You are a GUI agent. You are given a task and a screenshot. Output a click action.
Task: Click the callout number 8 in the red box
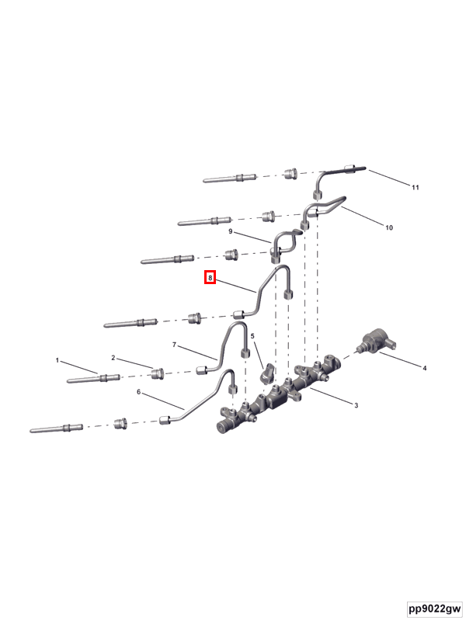pos(210,278)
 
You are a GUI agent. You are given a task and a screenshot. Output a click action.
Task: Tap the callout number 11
pos(416,187)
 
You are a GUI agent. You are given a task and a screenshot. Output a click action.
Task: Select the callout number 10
pos(389,227)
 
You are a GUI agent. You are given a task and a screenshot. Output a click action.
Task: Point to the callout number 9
pos(231,231)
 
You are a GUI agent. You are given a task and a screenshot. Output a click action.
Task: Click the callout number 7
pos(174,345)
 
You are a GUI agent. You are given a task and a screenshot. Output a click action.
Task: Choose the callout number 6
pos(139,392)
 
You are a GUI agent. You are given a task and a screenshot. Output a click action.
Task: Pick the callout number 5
pos(252,336)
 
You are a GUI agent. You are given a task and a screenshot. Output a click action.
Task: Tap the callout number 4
pos(425,368)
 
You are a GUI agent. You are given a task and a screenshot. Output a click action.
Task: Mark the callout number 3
pos(356,405)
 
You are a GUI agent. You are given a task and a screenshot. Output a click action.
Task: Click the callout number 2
pos(113,358)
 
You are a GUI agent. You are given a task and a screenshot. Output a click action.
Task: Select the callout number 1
pos(57,360)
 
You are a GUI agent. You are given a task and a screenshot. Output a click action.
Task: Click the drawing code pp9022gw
pos(435,608)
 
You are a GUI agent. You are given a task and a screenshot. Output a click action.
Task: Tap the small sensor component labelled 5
pos(267,374)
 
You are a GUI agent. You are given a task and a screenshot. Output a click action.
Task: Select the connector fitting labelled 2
pos(158,373)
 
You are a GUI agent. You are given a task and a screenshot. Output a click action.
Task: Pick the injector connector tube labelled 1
pos(93,379)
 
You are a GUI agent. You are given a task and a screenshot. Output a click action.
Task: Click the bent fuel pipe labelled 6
pos(197,401)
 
